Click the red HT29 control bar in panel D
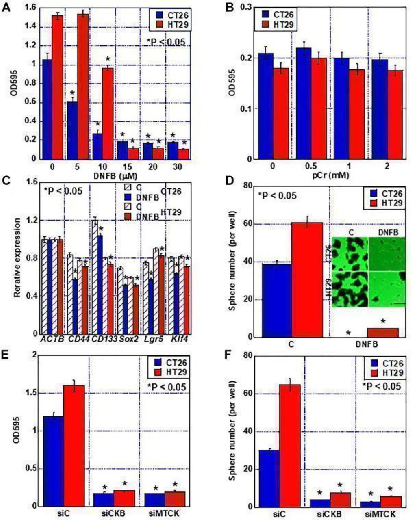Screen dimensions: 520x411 tap(307, 280)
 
